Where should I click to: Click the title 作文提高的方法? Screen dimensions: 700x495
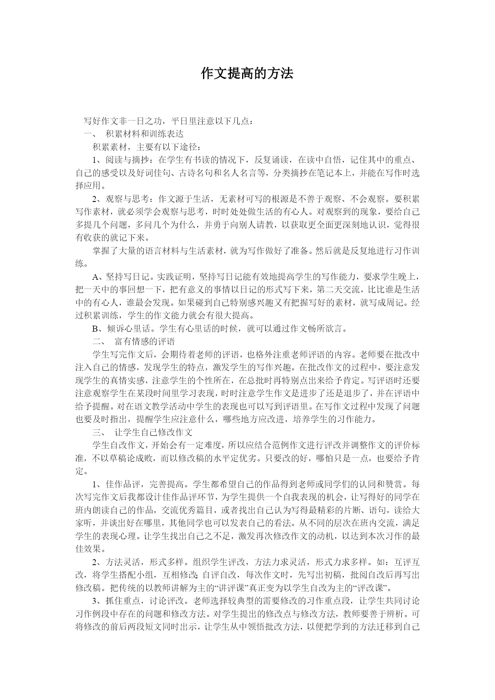coord(247,73)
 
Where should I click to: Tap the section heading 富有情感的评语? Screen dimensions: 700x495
coord(144,342)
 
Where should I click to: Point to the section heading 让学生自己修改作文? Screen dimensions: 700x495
coord(153,432)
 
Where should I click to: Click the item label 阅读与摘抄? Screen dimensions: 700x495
coord(128,160)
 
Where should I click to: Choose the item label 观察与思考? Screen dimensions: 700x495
coord(128,199)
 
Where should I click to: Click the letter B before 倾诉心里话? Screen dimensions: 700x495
coord(95,329)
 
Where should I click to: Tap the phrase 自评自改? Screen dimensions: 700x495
coord(221,575)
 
